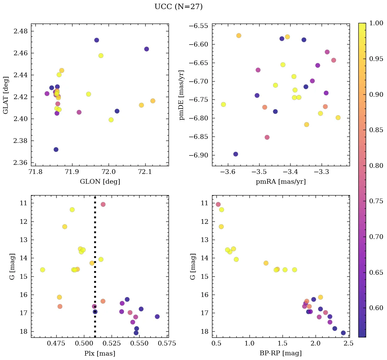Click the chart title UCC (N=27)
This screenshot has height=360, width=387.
point(178,7)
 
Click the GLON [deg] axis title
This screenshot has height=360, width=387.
point(100,182)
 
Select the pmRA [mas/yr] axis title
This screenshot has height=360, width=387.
point(281,182)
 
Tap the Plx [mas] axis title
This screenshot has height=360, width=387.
point(99,354)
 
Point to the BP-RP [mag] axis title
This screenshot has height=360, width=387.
point(280,353)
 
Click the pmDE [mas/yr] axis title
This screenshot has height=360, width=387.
point(182,95)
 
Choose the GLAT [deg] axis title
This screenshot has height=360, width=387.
point(6,95)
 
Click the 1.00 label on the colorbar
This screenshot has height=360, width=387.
point(376,23)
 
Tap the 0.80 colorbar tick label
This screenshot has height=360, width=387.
point(376,166)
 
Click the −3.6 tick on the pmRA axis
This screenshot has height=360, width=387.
point(228,172)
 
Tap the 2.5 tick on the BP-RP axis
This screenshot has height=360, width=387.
point(349,344)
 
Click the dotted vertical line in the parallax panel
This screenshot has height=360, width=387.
point(95,270)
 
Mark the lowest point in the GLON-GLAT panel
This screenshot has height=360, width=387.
point(56,149)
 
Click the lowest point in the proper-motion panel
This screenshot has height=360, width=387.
point(236,154)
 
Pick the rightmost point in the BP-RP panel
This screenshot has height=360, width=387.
point(343,333)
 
